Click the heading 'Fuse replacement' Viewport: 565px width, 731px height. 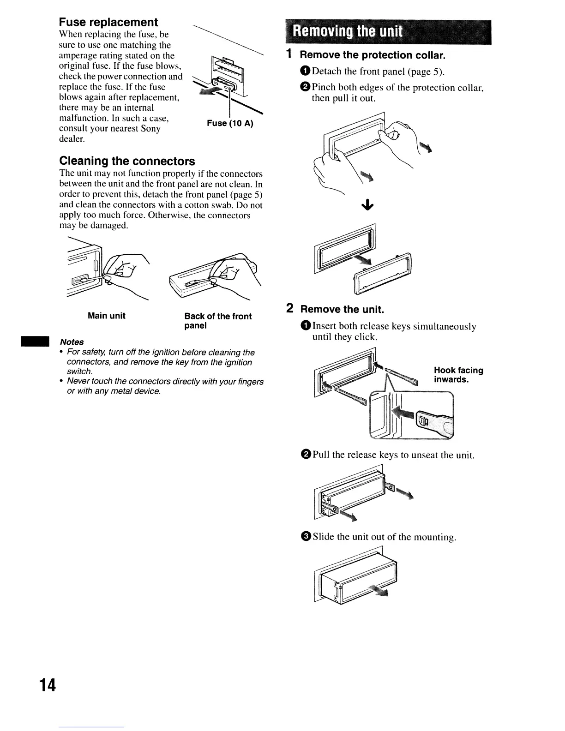(x=108, y=22)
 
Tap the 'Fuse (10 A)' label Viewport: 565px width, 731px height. (x=230, y=123)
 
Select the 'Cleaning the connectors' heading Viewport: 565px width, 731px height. (x=127, y=161)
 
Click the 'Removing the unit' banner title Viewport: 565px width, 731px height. (x=348, y=32)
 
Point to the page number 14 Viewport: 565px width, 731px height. (x=47, y=685)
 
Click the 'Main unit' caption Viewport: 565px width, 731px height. (x=107, y=316)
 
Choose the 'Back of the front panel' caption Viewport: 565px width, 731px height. (x=218, y=321)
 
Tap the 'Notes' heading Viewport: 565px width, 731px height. (x=72, y=342)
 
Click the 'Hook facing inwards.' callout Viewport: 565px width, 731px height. (x=458, y=375)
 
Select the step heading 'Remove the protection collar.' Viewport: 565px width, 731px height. (x=373, y=55)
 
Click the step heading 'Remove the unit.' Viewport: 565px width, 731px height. (x=342, y=309)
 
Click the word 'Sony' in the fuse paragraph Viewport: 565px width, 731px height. (x=150, y=128)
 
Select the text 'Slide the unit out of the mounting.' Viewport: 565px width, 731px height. (x=384, y=537)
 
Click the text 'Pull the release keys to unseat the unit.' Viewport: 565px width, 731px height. (x=393, y=455)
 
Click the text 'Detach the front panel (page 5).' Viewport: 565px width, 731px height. (x=378, y=72)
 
